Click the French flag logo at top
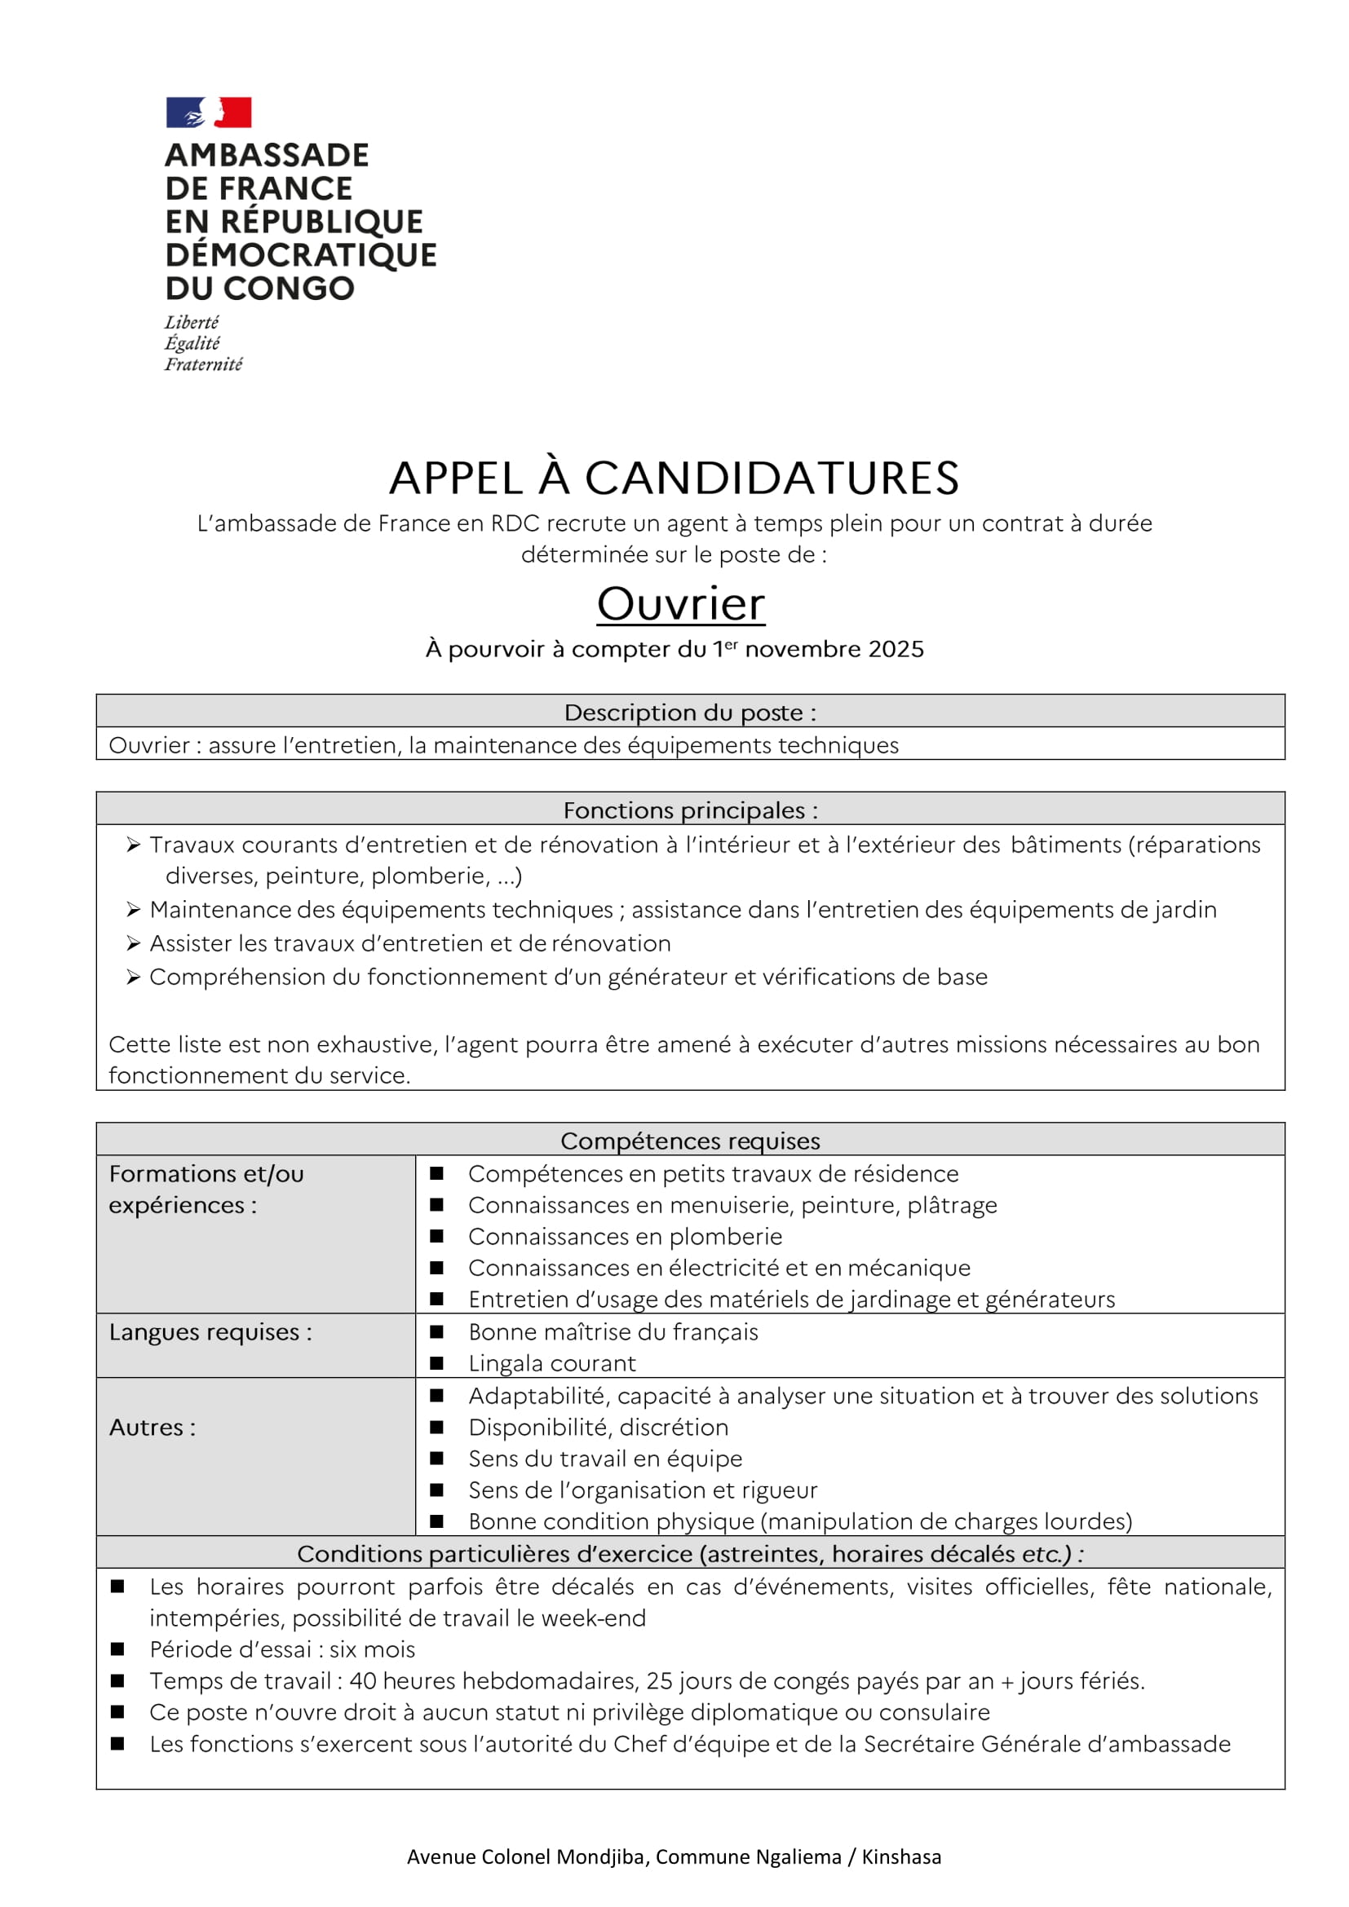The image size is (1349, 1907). coord(209,113)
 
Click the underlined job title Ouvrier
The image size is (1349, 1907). coord(680,604)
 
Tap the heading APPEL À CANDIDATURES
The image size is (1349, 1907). coord(674,479)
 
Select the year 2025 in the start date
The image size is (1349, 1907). coord(896,650)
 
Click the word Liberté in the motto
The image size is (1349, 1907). coord(191,322)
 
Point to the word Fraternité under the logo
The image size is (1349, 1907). coord(204,364)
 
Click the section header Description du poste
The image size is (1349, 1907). coord(689,713)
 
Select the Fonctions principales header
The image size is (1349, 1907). coord(689,810)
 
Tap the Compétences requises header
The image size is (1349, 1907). coord(689,1141)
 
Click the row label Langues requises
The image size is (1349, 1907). coord(210,1332)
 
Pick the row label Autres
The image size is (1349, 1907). coord(152,1427)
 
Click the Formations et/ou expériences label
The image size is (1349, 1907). coord(206,1189)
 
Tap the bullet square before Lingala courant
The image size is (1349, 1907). coord(436,1363)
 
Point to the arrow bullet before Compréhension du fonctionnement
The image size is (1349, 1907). coord(133,978)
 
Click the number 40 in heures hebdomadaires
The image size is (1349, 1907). coord(362,1681)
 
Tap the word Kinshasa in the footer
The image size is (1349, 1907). coord(900,1857)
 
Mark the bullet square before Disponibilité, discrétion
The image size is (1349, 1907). coord(436,1427)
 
